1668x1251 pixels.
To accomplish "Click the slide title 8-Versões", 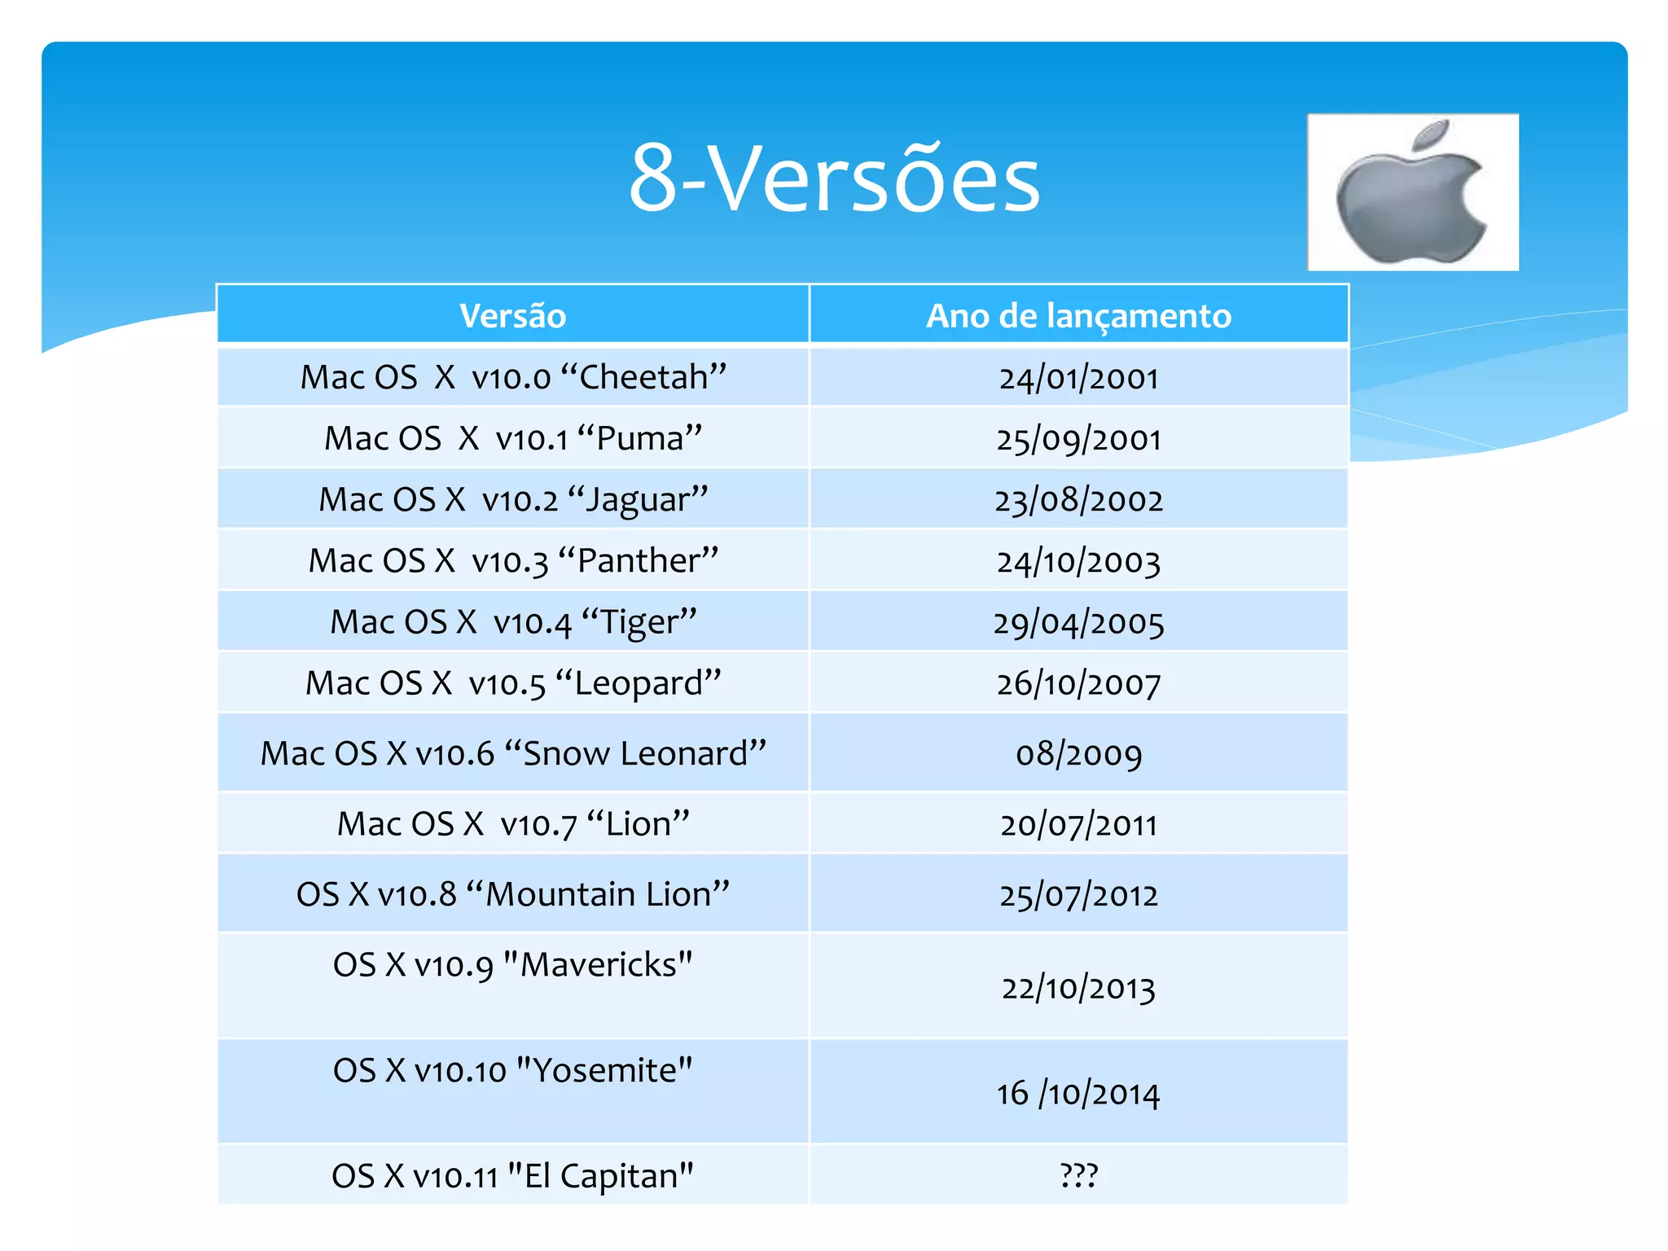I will coord(834,178).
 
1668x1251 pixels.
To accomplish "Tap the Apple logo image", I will coord(1412,193).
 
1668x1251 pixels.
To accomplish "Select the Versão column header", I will coord(512,316).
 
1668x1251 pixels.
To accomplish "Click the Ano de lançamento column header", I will coord(1078,316).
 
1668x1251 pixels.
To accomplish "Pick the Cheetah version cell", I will coord(513,377).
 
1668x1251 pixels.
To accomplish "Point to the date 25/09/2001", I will coord(1078,439).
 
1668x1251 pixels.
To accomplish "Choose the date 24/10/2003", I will coord(1078,561).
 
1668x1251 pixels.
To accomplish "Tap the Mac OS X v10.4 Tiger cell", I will coord(513,622).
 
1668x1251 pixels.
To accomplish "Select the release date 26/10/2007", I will coord(1078,683).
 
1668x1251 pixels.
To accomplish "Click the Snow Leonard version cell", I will coord(513,753).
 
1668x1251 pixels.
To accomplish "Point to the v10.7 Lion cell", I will coord(513,823).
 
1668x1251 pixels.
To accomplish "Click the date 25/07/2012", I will coord(1078,895).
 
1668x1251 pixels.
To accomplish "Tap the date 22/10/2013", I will coord(1078,988).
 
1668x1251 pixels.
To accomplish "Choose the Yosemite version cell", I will coord(513,1070).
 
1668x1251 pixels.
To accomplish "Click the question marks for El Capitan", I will coord(1078,1175).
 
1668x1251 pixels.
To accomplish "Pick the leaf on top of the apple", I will coord(1431,134).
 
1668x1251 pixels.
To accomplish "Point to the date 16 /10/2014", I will coord(1078,1093).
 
